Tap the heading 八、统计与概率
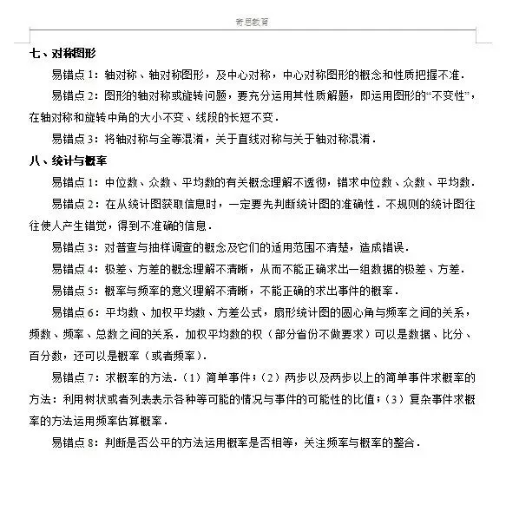69,161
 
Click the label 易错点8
76,442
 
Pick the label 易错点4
76,269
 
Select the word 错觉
120,226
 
